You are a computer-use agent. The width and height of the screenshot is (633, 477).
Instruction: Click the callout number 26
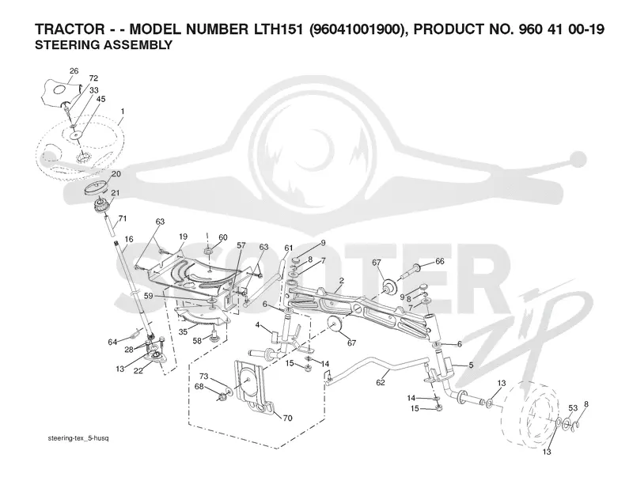tap(74, 71)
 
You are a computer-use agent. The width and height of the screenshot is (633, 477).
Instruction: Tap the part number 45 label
tap(101, 99)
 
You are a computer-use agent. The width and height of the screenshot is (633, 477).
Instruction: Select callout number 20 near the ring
tap(116, 174)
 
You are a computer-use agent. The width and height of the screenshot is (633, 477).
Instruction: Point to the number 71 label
tap(123, 218)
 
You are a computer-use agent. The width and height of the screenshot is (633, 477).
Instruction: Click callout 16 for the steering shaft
tap(129, 240)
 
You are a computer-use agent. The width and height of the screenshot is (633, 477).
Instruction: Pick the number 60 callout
tap(223, 237)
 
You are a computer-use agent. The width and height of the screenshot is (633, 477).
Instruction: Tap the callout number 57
tap(241, 245)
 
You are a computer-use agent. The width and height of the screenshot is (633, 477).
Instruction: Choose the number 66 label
tap(440, 261)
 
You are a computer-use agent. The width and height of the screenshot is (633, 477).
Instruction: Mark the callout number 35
tap(183, 331)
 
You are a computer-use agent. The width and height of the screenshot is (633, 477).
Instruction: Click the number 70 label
tap(287, 418)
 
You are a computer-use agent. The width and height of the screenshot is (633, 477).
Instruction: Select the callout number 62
tap(381, 382)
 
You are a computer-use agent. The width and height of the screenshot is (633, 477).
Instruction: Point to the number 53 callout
tap(573, 408)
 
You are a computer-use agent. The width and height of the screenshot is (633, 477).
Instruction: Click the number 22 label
tap(138, 371)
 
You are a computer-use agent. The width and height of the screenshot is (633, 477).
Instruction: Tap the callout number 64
tap(112, 343)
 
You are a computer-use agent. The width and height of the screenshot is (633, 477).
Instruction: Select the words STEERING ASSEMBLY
tap(104, 45)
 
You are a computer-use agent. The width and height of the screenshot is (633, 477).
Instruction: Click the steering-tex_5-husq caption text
tap(78, 438)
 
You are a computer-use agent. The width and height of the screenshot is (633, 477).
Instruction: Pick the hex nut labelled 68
tap(222, 398)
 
